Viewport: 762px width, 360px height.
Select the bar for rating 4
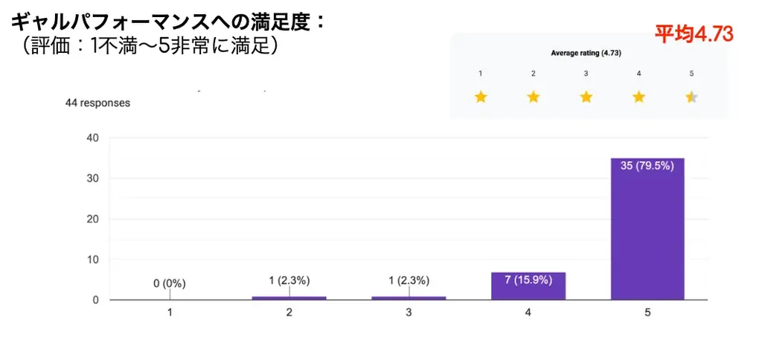[528, 286]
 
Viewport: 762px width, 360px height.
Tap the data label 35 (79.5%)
[647, 166]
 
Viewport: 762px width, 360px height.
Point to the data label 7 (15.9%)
[528, 280]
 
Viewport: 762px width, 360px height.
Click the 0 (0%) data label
[169, 283]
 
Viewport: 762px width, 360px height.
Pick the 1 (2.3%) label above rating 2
[289, 280]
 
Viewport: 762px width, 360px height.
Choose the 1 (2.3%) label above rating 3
[409, 280]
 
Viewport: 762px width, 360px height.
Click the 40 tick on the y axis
[93, 138]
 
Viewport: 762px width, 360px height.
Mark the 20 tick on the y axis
[93, 219]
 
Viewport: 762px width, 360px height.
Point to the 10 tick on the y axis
[93, 260]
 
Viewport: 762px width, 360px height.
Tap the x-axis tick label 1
[170, 313]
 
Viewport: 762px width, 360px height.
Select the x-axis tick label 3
[409, 313]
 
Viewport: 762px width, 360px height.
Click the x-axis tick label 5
[647, 313]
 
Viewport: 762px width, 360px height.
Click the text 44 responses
[97, 103]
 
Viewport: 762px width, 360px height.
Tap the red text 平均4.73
[694, 33]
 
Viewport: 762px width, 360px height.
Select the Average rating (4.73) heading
[586, 54]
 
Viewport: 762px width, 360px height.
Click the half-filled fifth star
[691, 97]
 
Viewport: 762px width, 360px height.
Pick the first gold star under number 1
[481, 97]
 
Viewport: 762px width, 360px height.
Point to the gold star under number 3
[586, 97]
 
